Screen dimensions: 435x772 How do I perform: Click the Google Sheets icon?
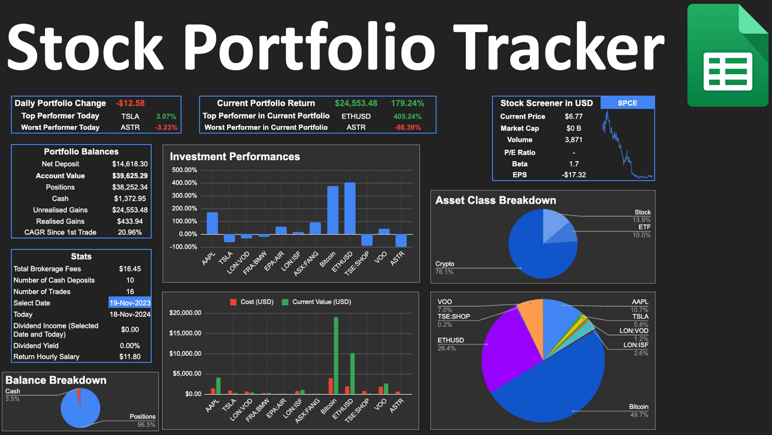click(x=728, y=55)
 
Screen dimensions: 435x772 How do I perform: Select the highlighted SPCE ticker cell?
click(x=627, y=103)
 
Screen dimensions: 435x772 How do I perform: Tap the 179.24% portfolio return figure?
click(x=407, y=103)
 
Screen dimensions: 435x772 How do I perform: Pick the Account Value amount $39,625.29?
click(x=130, y=175)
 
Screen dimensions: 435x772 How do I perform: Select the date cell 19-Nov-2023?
click(x=130, y=303)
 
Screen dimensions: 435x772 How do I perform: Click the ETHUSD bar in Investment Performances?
click(x=350, y=208)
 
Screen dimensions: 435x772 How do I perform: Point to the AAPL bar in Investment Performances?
click(x=212, y=223)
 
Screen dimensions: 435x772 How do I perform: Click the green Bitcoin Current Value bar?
click(x=336, y=355)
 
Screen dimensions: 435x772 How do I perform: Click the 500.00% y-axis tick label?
click(x=184, y=170)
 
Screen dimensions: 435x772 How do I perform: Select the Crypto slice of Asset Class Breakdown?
click(x=534, y=251)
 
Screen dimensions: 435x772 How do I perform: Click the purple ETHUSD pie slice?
click(x=502, y=353)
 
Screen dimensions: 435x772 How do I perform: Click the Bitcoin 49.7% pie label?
click(x=638, y=410)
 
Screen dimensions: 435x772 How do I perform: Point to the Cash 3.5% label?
click(x=13, y=395)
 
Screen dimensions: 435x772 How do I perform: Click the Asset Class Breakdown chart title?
click(x=495, y=200)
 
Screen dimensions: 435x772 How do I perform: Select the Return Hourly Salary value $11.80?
click(x=130, y=356)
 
